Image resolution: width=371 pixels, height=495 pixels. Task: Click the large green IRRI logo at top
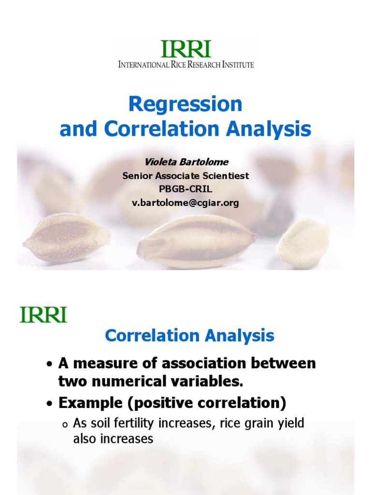pyautogui.click(x=186, y=49)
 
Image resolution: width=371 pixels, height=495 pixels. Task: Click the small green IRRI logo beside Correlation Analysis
pyautogui.click(x=43, y=314)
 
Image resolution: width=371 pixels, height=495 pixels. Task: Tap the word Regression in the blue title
pyautogui.click(x=185, y=104)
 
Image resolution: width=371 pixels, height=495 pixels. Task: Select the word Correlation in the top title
pyautogui.click(x=161, y=129)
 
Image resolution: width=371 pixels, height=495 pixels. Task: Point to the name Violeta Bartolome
pyautogui.click(x=186, y=162)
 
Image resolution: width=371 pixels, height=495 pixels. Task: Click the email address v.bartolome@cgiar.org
pyautogui.click(x=185, y=203)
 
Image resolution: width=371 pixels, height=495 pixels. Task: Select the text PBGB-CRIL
pyautogui.click(x=185, y=189)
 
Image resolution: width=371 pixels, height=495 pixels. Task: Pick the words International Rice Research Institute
pyautogui.click(x=186, y=65)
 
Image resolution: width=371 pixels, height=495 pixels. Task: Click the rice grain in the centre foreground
pyautogui.click(x=197, y=240)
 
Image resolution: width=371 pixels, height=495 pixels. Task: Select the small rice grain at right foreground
pyautogui.click(x=303, y=244)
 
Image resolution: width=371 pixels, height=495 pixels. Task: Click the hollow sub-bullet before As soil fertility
pyautogui.click(x=65, y=425)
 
